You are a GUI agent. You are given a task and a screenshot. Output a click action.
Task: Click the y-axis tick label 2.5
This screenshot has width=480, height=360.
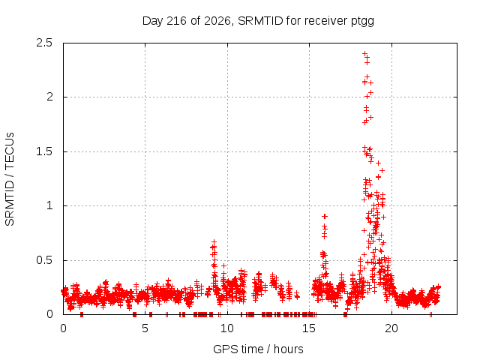(44, 43)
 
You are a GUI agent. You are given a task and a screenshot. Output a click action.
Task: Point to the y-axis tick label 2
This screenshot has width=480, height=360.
(49, 97)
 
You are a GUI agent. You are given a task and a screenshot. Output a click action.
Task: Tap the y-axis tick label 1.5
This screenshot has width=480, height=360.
(44, 151)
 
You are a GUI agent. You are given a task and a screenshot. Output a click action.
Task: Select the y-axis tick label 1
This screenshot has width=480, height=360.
(49, 205)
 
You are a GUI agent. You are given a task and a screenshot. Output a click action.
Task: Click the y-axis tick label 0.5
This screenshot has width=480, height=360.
(44, 260)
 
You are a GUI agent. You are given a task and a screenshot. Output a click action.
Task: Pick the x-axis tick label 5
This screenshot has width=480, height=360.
(145, 328)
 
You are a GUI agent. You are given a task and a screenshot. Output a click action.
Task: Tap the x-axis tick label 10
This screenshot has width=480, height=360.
(226, 328)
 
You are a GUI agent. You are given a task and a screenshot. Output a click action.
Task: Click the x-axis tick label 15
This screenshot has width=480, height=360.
(309, 328)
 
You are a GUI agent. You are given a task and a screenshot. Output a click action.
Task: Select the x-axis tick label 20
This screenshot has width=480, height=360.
(391, 328)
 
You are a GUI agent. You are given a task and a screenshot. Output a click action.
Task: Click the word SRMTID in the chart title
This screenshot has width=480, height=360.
(260, 21)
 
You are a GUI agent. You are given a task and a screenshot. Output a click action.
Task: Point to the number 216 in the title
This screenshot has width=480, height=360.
(176, 21)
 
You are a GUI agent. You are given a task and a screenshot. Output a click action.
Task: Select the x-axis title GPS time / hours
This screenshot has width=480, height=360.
(258, 349)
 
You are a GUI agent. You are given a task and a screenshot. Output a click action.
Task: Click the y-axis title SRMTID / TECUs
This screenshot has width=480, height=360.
(10, 179)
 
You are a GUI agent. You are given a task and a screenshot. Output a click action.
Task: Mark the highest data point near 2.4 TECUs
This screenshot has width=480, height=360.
(364, 53)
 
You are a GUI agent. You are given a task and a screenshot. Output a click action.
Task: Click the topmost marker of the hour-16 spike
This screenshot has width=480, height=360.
(325, 217)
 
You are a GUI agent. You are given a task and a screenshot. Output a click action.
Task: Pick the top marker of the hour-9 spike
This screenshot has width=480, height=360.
(214, 241)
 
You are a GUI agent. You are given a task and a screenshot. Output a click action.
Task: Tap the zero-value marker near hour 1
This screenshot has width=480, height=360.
(82, 314)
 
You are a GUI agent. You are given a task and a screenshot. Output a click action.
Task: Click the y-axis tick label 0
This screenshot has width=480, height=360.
(49, 314)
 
